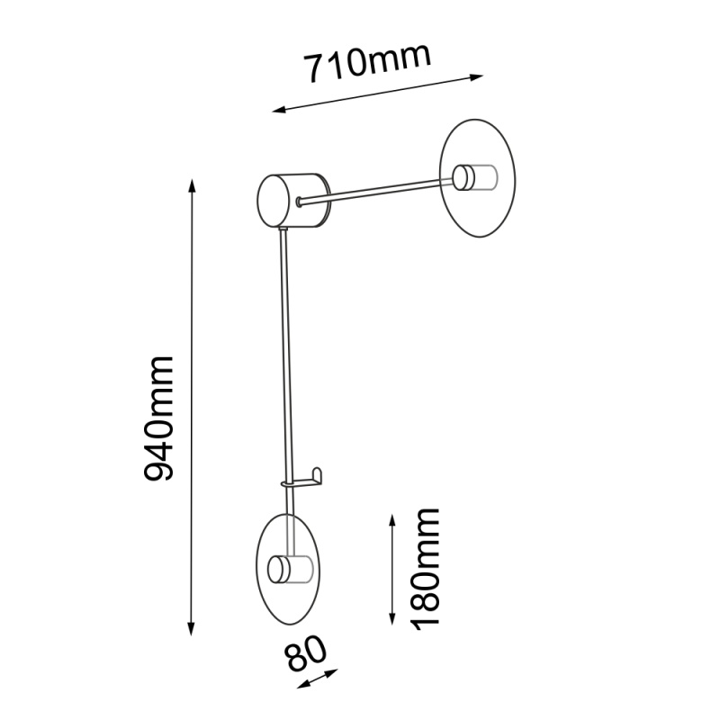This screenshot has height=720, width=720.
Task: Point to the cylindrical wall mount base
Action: coord(294,201)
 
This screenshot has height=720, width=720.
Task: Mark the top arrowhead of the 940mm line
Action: coord(192,185)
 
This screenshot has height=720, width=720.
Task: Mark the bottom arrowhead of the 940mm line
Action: coord(192,630)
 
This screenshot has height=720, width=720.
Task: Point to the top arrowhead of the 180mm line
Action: coord(392,520)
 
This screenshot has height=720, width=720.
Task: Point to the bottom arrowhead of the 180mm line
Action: coord(392,618)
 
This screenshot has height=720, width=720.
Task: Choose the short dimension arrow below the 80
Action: coord(317,679)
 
